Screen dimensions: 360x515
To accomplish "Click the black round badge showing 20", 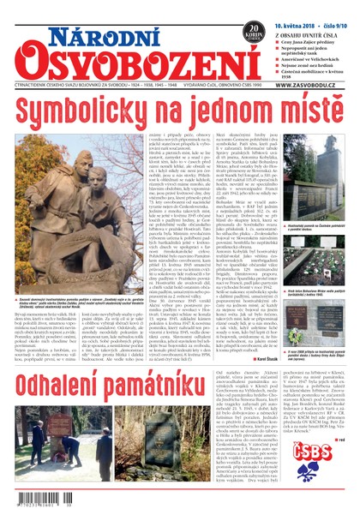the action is tap(252, 31).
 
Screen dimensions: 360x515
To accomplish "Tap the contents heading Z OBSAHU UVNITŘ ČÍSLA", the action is tap(312, 18).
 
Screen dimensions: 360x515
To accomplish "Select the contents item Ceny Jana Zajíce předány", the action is tap(316, 28).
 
